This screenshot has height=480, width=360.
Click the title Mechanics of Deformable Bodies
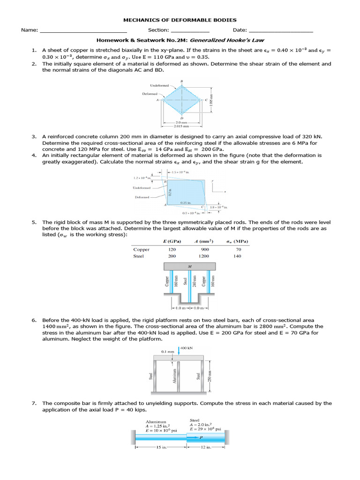pos(180,20)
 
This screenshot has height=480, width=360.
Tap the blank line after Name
pos(83,30)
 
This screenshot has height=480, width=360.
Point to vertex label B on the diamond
pos(181,81)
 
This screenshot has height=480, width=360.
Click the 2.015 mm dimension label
pos(181,126)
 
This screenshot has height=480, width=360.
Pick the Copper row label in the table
pos(142,249)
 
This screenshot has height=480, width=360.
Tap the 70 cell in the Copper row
pos(238,249)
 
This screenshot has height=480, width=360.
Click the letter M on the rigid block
pos(189,265)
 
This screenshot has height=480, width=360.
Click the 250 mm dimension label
pos(210,375)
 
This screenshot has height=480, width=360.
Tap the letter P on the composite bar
pos(201,435)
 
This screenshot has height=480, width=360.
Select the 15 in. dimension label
pos(161,447)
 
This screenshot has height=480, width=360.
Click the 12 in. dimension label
pos(206,447)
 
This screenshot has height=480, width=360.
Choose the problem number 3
pos(34,136)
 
